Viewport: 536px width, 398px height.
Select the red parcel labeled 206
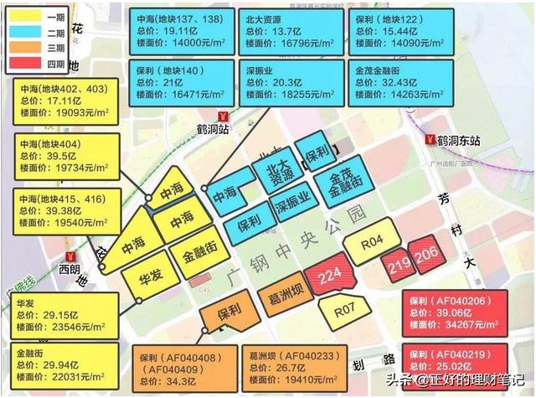pyautogui.click(x=425, y=255)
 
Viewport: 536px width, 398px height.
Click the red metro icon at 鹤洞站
pyautogui.click(x=220, y=116)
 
